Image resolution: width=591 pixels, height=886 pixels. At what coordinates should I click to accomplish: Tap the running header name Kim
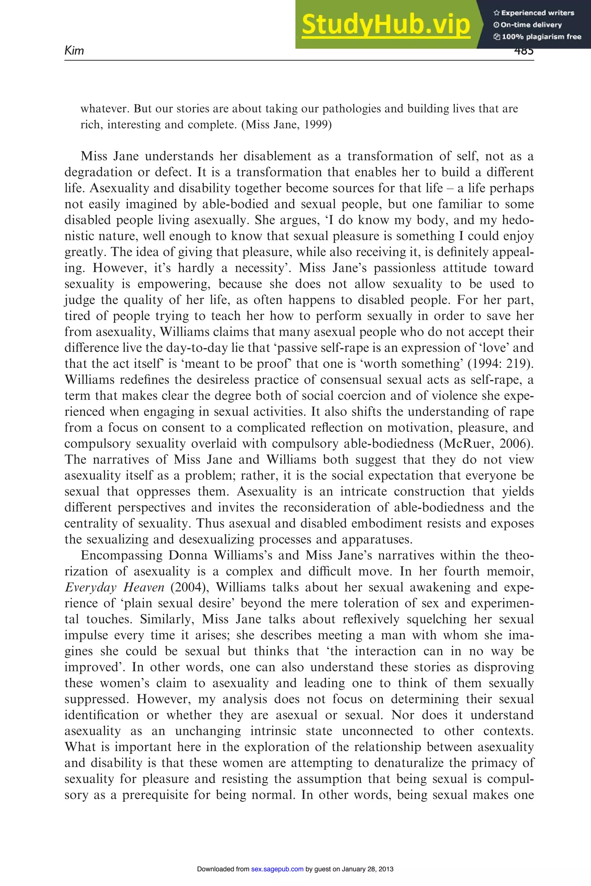tap(74, 50)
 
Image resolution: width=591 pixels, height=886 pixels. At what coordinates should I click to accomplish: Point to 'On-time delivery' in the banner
tap(528, 25)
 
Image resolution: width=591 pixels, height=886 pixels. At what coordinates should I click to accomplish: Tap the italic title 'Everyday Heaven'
tap(115, 587)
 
